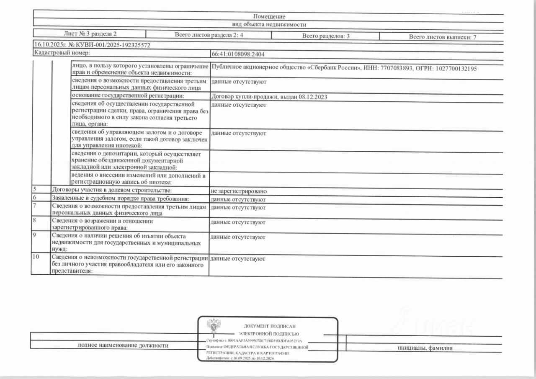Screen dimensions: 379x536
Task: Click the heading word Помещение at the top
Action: point(269,16)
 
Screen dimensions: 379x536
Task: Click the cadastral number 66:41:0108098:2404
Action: point(238,54)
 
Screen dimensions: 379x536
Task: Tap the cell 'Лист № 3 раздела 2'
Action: point(90,34)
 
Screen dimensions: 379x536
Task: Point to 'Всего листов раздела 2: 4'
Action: point(209,35)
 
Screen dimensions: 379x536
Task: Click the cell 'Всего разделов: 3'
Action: point(326,36)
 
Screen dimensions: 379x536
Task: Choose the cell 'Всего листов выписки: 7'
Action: point(443,37)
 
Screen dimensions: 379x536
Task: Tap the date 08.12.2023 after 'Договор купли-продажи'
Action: point(313,97)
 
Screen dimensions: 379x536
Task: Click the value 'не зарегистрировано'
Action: point(239,191)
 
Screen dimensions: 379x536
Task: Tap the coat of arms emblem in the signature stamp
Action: point(214,326)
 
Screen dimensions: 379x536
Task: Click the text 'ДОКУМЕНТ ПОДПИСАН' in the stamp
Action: point(269,326)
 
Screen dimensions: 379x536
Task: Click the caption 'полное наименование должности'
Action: point(123,345)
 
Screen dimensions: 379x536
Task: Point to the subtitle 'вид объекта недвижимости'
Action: point(269,25)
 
